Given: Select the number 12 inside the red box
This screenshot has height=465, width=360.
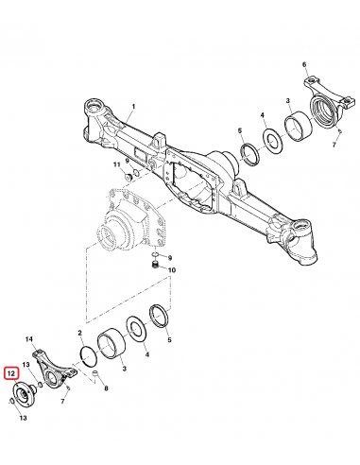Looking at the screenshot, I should click(11, 373).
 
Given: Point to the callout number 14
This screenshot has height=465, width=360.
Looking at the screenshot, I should click(29, 339).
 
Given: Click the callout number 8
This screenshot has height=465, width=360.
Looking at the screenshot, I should click(105, 388).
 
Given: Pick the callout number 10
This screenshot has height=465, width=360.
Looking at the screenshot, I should click(171, 270).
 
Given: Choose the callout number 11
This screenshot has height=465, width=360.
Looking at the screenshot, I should click(118, 165).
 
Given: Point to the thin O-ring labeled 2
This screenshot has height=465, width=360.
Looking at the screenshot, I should click(87, 355).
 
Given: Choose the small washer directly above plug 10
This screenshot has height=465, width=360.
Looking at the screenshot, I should click(153, 257).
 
